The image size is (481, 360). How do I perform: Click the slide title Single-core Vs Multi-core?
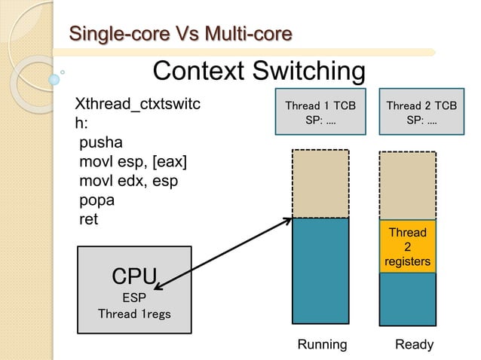click(180, 34)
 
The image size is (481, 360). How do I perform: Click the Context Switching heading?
click(259, 72)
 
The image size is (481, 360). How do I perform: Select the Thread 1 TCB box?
click(319, 114)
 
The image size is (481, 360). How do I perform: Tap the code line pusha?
click(100, 143)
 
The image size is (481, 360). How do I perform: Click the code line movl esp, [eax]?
click(133, 163)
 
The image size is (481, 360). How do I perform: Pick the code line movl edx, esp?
click(128, 182)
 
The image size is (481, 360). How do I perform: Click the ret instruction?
click(89, 220)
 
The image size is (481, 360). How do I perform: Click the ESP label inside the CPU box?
click(134, 297)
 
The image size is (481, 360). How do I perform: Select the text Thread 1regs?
click(134, 313)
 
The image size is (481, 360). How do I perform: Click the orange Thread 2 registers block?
click(407, 246)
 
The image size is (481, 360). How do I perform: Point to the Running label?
click(322, 344)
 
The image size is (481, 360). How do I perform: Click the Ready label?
click(414, 344)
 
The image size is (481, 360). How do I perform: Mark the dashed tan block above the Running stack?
click(320, 184)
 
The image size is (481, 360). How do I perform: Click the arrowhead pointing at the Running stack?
click(288, 221)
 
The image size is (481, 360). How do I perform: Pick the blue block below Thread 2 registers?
click(407, 299)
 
